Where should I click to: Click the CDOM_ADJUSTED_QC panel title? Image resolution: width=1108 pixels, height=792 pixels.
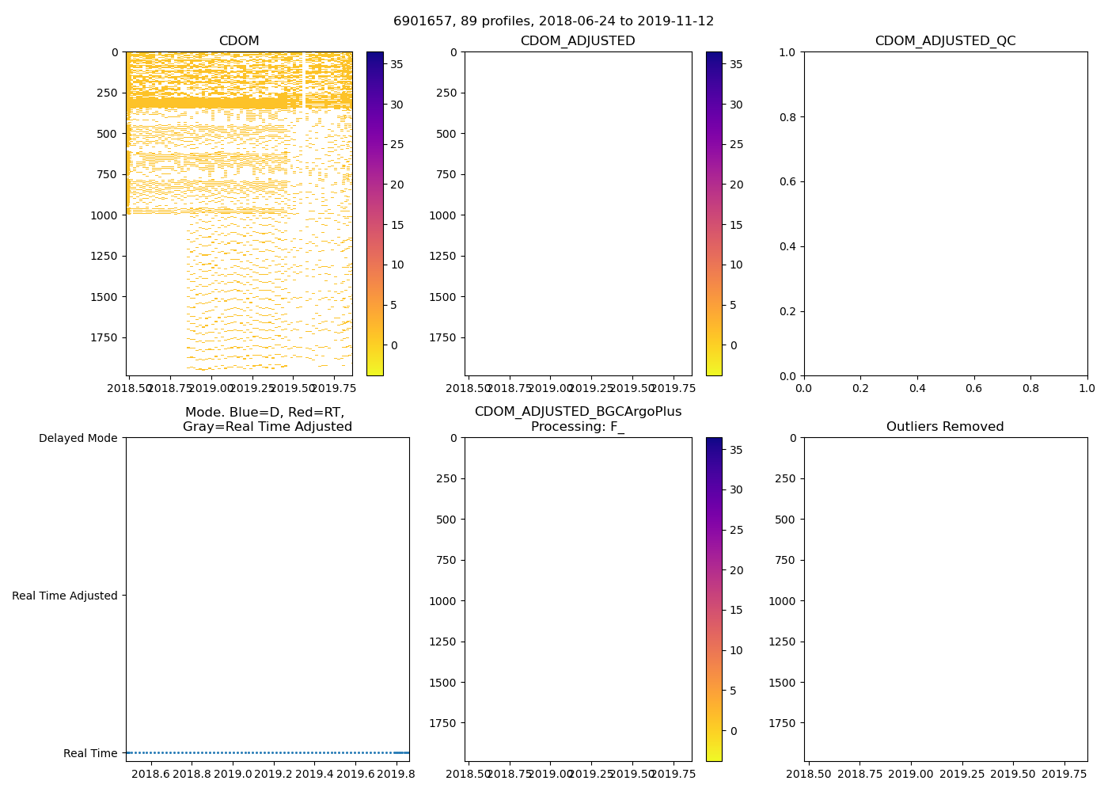point(945,41)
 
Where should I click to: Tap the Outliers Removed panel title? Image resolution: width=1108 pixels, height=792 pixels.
point(945,427)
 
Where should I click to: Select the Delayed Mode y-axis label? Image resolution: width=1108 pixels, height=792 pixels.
point(78,438)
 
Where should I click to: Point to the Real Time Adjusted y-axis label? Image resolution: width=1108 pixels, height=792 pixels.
point(65,596)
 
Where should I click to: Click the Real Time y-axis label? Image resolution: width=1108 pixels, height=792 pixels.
point(90,753)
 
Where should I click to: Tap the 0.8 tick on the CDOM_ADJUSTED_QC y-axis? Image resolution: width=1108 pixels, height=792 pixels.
point(787,117)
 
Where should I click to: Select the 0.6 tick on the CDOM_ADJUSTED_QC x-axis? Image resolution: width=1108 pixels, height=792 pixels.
point(973,388)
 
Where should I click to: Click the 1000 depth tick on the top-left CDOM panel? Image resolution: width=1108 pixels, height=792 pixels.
point(105,215)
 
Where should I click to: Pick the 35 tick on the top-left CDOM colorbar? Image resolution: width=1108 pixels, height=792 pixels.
point(397,65)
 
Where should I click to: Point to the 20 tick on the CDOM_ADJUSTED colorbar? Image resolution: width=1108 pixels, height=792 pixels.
point(736,185)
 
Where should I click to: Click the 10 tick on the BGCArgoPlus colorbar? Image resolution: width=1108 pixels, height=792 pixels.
point(736,651)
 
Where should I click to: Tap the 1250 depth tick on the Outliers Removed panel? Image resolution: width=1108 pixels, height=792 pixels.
point(784,642)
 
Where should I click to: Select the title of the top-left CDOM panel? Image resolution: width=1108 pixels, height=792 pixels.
point(239,41)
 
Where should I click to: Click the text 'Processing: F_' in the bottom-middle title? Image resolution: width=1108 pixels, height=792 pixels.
point(578,427)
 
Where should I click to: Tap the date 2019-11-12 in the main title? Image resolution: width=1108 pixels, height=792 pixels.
point(677,21)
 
